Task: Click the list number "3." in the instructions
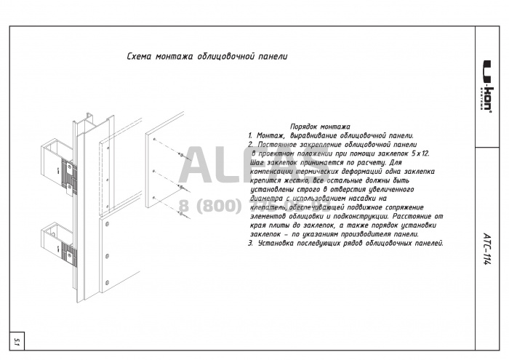(x=251, y=244)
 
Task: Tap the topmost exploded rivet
(x=178, y=154)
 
